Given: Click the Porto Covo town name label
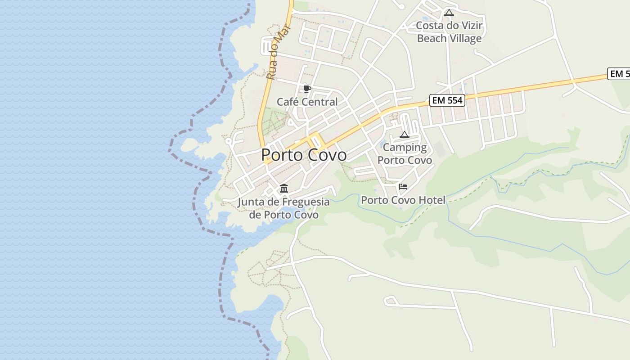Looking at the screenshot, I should (304, 155).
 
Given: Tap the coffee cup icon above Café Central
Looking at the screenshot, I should (307, 89).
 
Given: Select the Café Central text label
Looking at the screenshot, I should (307, 102).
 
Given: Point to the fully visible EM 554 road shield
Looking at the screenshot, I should (446, 100).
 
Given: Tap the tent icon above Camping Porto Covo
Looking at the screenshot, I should (405, 135).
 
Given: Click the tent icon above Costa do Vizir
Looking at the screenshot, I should (449, 13).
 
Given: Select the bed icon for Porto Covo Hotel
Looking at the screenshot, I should (403, 187).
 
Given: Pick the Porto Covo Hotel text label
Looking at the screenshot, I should (403, 200).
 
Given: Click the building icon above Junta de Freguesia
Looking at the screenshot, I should (284, 188).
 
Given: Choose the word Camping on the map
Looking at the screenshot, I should (405, 148).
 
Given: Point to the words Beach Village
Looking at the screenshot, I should (449, 39).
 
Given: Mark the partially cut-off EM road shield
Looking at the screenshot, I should (619, 74).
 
